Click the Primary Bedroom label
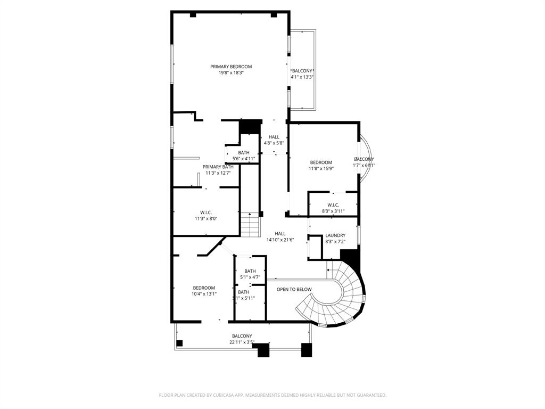coord(231,67)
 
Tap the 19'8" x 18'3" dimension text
coord(231,73)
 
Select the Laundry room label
coord(335,235)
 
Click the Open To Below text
coord(294,289)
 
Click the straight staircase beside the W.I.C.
coord(250,224)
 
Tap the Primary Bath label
coord(218,167)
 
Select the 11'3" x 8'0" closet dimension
coord(206,218)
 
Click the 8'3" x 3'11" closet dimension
coord(333,211)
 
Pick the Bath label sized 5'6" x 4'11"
coord(244,153)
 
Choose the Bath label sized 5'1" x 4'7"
coord(250,271)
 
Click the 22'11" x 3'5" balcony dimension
coord(242,342)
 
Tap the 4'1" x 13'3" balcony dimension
coord(302,77)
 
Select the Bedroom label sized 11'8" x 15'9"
coord(321,162)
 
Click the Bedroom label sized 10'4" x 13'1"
coord(204,288)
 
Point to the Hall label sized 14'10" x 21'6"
coord(280,233)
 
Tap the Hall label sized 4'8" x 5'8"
coord(274,137)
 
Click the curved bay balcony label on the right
coord(364,159)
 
